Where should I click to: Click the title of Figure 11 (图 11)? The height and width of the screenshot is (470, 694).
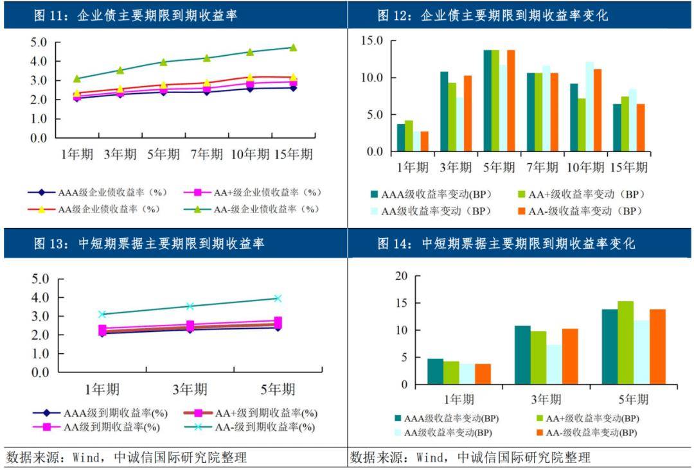pyautogui.click(x=135, y=15)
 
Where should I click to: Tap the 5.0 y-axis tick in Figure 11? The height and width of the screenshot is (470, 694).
pyautogui.click(x=39, y=43)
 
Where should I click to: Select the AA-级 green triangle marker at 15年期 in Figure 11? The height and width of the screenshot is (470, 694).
pyautogui.click(x=293, y=48)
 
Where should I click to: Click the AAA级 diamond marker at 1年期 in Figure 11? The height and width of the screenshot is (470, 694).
pyautogui.click(x=77, y=98)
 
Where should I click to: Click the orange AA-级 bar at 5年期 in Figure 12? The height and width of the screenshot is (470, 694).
pyautogui.click(x=511, y=101)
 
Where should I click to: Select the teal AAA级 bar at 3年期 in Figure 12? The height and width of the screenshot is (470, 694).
pyautogui.click(x=444, y=112)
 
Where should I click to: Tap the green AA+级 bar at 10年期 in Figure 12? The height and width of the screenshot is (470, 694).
pyautogui.click(x=581, y=125)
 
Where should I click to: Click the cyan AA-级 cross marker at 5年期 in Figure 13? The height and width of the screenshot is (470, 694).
pyautogui.click(x=278, y=298)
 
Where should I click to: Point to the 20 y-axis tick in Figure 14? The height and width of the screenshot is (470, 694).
pyautogui.click(x=401, y=276)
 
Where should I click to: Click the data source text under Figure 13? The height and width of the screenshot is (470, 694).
pyautogui.click(x=127, y=458)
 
